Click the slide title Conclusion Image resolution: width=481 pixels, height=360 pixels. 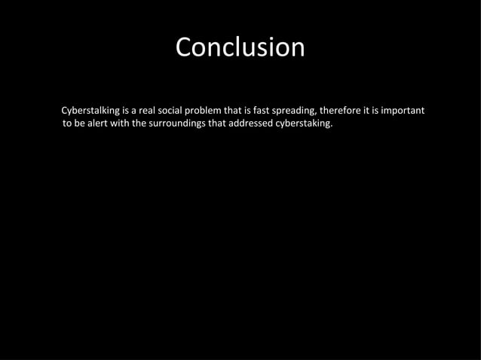[240, 47]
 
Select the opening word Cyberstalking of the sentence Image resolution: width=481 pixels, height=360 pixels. [90, 111]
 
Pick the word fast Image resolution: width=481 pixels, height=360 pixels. [263, 111]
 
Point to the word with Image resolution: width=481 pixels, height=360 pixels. [122, 124]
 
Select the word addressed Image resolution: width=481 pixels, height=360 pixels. [253, 124]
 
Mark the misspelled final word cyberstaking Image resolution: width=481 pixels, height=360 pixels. [305, 124]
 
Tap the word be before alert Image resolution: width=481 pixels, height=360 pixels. [80, 124]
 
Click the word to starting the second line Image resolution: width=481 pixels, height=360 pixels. [67, 124]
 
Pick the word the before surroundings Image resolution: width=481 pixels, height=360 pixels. [142, 124]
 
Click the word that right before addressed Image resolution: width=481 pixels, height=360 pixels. [217, 124]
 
